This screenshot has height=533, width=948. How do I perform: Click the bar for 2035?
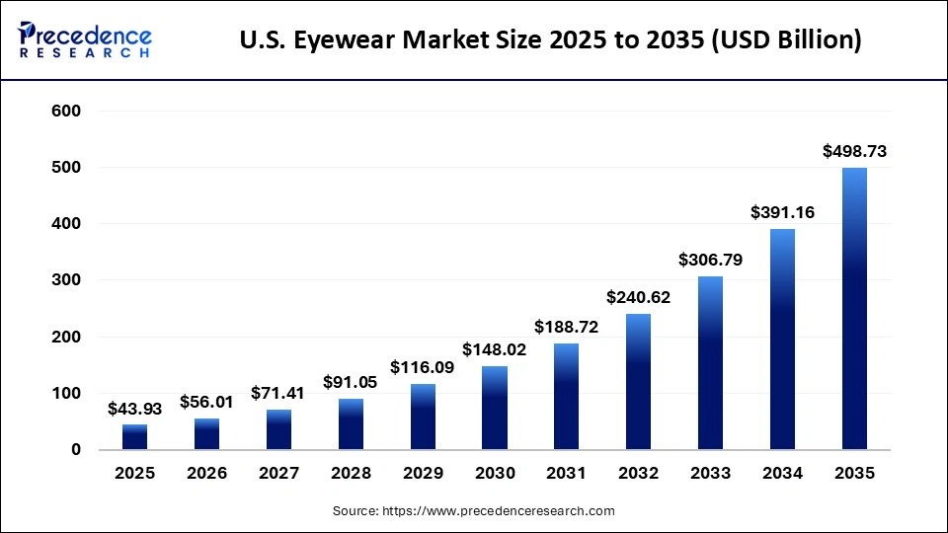click(x=854, y=308)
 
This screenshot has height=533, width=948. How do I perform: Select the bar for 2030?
click(x=495, y=408)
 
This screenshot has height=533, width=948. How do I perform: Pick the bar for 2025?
click(x=135, y=436)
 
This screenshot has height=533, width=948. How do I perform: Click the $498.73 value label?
click(x=854, y=151)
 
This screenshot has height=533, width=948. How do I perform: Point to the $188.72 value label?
click(x=566, y=326)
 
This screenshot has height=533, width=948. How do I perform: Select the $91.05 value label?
click(x=351, y=381)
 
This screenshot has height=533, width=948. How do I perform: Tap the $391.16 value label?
click(x=782, y=211)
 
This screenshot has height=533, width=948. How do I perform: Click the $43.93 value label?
click(x=135, y=408)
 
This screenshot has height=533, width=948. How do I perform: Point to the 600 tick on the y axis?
click(x=66, y=112)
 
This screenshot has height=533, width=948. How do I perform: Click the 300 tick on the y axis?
click(x=66, y=280)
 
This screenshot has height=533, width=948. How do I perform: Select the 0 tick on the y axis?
click(x=76, y=450)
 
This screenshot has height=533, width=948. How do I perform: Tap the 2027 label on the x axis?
click(x=278, y=474)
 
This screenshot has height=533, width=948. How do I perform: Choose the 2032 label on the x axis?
click(x=638, y=474)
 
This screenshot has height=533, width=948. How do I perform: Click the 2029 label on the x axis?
click(x=423, y=474)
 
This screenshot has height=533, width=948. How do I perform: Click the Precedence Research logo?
click(x=85, y=40)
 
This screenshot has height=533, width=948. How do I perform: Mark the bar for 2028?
click(x=351, y=423)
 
